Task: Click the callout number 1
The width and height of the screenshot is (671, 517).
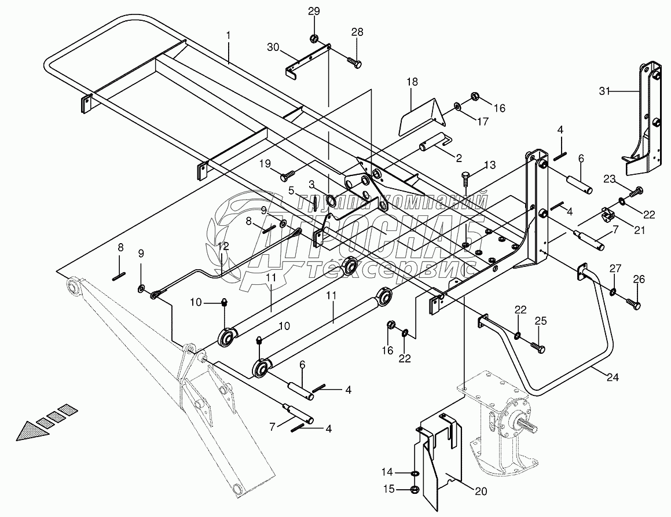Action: (x=229, y=35)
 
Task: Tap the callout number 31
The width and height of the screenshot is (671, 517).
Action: (x=604, y=91)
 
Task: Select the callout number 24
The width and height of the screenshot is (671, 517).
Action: (x=613, y=377)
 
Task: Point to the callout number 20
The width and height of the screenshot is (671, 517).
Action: (x=481, y=492)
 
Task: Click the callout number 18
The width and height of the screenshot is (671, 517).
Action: (x=412, y=82)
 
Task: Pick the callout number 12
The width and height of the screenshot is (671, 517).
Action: (x=223, y=246)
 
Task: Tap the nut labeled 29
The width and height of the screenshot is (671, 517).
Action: (x=314, y=39)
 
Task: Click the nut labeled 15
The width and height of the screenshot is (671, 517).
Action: (x=415, y=489)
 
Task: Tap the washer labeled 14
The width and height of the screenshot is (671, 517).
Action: (x=415, y=474)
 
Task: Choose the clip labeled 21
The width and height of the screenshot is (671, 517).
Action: (x=608, y=214)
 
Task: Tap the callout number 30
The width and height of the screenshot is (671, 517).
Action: (x=273, y=46)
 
